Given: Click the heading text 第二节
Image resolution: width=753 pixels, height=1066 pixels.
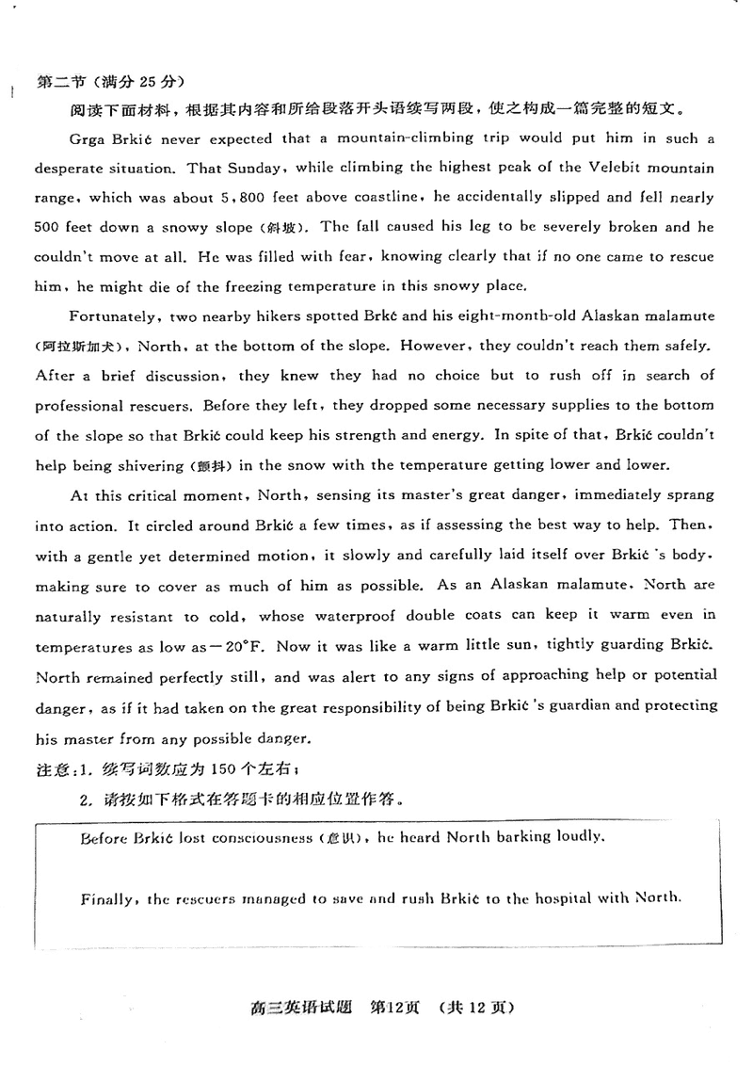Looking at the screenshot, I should pos(57,81).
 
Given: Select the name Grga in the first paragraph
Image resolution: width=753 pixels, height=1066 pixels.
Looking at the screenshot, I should pos(88,138).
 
